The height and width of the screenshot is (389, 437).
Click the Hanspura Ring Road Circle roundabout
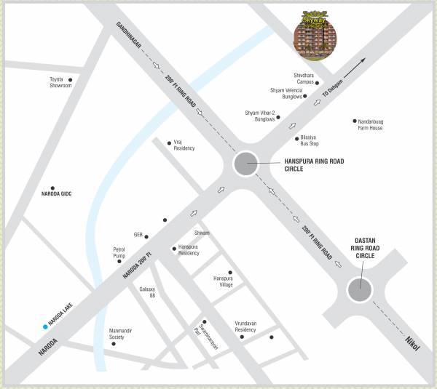point(245,164)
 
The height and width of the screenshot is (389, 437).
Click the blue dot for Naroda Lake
point(45,327)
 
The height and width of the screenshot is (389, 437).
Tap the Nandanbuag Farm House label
point(370,125)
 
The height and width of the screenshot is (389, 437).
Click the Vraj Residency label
point(184,145)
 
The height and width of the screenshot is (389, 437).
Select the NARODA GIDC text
point(57,194)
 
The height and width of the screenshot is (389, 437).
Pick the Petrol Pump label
point(119,253)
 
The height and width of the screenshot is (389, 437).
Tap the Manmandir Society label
point(121,334)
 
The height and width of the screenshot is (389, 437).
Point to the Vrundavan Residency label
point(245,326)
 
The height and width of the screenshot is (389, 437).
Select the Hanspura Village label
point(223,281)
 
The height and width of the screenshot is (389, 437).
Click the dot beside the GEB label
point(146,236)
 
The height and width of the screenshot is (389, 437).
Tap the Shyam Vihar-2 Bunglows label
point(260,116)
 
